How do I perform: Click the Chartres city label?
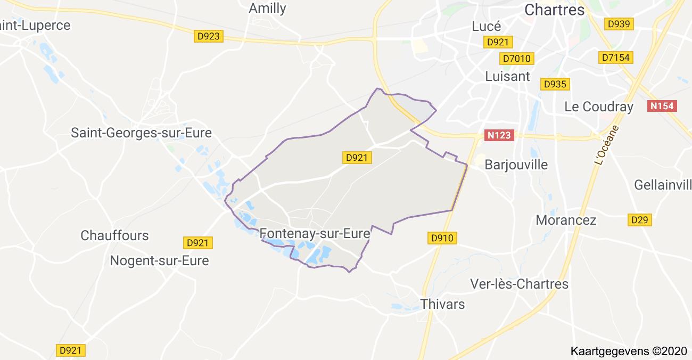[554, 10]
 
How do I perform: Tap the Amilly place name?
[267, 8]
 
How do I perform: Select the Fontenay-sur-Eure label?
[315, 233]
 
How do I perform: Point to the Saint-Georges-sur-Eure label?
[141, 133]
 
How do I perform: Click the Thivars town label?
[442, 304]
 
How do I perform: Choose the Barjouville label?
[516, 165]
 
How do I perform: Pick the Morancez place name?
[566, 220]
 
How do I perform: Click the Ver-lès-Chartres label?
[520, 284]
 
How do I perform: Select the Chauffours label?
[114, 235]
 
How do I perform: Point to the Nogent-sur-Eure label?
[159, 261]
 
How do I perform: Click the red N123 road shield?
[500, 135]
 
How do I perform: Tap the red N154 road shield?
[662, 106]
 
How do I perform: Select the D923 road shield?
[208, 37]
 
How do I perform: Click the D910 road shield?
[442, 238]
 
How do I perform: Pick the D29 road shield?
[640, 219]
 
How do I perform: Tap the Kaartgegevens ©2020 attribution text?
[628, 351]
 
